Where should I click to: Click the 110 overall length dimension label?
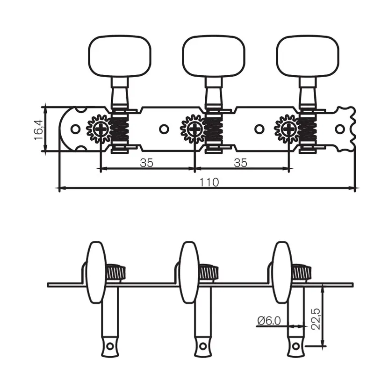[209, 182]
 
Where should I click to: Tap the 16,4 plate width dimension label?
[39, 130]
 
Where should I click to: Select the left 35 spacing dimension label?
[146, 163]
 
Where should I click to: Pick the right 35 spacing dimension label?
[240, 163]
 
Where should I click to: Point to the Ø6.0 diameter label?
[269, 321]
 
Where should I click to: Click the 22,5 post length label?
[316, 319]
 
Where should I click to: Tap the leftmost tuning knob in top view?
[120, 56]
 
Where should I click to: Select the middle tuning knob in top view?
[214, 56]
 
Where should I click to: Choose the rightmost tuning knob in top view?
[308, 56]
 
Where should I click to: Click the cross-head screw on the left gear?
[101, 129]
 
